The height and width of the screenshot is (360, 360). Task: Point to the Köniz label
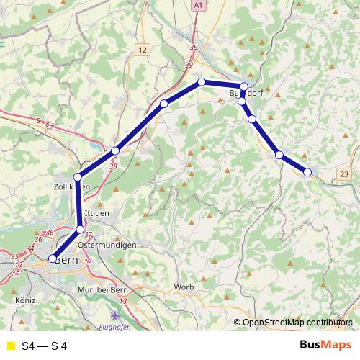click(x=24, y=298)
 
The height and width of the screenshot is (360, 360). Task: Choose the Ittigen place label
click(x=96, y=214)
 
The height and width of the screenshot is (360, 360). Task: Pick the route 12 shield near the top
click(x=143, y=50)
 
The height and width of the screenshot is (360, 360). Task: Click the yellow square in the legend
click(x=11, y=346)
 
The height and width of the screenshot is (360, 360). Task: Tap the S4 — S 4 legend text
click(x=45, y=346)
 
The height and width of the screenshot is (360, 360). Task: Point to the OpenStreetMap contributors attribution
click(x=297, y=323)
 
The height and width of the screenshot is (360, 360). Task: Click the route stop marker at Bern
click(x=52, y=258)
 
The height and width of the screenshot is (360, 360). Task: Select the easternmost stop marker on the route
click(x=307, y=171)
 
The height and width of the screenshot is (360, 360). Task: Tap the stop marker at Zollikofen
click(x=78, y=176)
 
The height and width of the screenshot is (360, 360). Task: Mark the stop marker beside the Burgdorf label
click(x=243, y=87)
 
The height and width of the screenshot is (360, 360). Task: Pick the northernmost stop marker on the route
click(x=202, y=81)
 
